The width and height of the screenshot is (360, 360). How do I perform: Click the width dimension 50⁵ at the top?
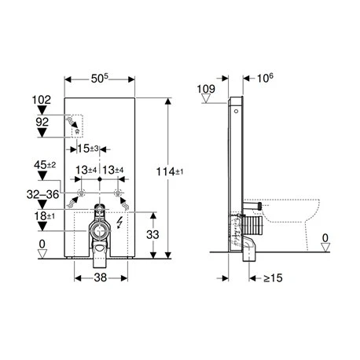tap(100, 79)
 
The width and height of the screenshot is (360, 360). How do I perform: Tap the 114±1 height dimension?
tap(170, 172)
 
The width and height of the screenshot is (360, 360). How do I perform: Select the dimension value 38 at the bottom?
tap(101, 277)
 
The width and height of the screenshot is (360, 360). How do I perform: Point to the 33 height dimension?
tap(152, 234)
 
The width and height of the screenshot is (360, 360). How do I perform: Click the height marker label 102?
tap(42, 100)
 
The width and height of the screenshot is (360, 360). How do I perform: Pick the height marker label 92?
tap(42, 122)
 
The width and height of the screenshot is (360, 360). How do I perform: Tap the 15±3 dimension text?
tap(88, 149)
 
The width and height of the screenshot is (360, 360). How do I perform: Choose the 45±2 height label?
tap(45, 165)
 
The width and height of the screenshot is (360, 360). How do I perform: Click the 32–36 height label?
tap(42, 194)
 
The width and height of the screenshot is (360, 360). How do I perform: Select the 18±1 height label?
tap(45, 216)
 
